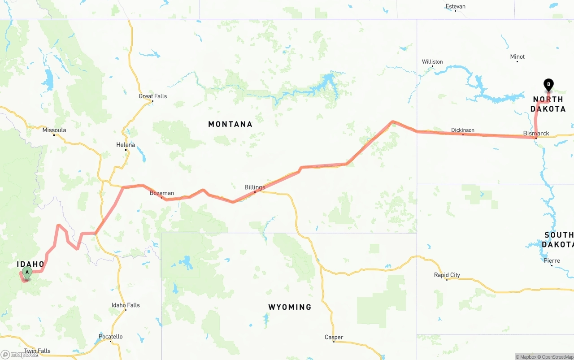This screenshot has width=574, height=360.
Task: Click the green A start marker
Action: click(27, 272)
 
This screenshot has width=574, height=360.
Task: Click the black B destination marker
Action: click(548, 84)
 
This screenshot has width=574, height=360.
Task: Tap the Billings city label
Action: click(255, 187)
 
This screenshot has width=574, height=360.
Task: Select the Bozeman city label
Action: click(162, 193)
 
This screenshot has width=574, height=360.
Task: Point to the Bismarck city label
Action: click(536, 133)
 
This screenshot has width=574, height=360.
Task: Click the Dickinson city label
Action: click(463, 130)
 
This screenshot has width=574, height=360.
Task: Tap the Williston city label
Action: click(432, 62)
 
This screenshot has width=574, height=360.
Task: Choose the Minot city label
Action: click(517, 56)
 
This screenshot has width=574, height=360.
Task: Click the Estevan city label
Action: click(455, 6)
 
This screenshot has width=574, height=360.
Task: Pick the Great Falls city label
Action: click(152, 96)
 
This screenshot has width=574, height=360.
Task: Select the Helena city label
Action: click(126, 145)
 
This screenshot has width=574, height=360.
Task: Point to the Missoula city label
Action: click(54, 130)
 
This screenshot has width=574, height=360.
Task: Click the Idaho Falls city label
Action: click(126, 305)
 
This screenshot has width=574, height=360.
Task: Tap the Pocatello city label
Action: click(110, 337)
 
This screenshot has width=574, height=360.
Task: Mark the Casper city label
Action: click(334, 337)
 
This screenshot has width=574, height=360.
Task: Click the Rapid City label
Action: click(447, 275)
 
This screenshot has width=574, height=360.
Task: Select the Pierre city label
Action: click(552, 260)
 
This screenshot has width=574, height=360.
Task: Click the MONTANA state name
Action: click(230, 124)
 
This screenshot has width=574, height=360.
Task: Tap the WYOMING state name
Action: click(290, 307)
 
